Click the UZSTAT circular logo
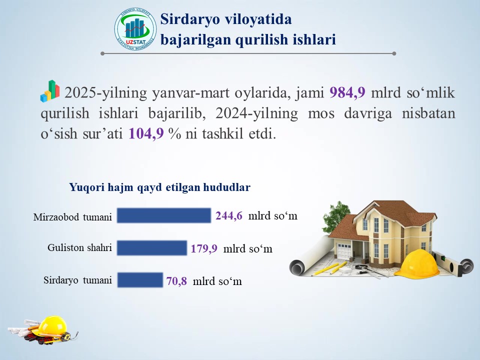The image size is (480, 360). tap(135, 29)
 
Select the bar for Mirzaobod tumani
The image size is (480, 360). tap(164, 215)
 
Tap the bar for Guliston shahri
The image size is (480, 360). tap(152, 248)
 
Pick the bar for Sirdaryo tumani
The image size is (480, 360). tap(140, 280)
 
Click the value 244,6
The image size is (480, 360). tap(228, 216)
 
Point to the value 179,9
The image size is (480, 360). tap(204, 248)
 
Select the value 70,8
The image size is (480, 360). tap(176, 281)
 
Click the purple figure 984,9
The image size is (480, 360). tap(347, 92)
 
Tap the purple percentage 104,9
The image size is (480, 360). tap(146, 133)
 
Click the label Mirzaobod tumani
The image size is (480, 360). tap(72, 217)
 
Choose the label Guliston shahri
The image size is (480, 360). tap(79, 247)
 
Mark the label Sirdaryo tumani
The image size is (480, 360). tap(78, 280)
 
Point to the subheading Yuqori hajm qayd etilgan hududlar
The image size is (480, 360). tap(160, 187)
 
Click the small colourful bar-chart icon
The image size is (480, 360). tap(50, 91)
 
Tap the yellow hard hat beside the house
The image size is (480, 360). tap(420, 263)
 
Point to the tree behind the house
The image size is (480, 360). tap(336, 216)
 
